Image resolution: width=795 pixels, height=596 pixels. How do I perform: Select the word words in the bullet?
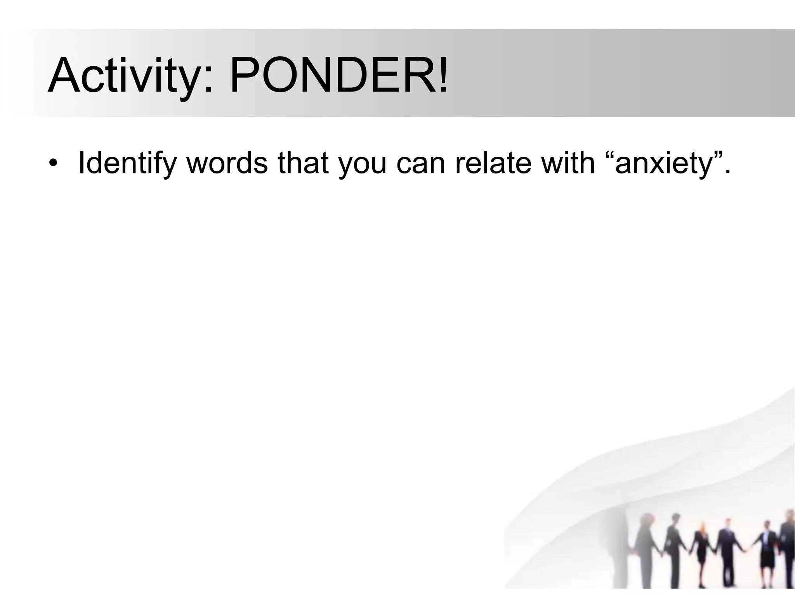point(227,163)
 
